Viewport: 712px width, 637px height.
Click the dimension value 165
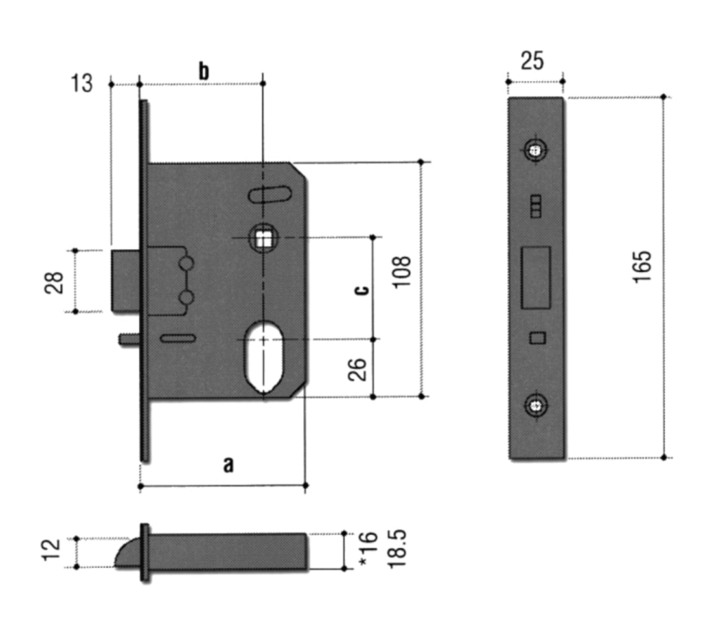click(x=641, y=266)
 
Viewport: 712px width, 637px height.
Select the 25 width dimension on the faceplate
click(x=532, y=61)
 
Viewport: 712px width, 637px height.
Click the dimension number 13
click(x=81, y=83)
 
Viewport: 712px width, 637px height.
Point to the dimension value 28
click(x=55, y=281)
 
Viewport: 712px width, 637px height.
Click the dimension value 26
click(x=358, y=369)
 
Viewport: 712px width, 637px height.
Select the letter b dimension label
click(x=203, y=71)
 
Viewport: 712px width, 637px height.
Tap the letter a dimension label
click(x=228, y=464)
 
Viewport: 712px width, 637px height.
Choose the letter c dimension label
click(x=361, y=289)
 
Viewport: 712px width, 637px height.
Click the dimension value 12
click(x=53, y=550)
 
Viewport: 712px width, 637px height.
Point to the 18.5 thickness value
click(x=397, y=549)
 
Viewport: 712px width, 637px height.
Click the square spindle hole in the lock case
click(x=263, y=238)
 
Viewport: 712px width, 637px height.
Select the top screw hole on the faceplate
click(x=535, y=150)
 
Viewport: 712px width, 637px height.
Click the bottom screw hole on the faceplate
click(x=535, y=405)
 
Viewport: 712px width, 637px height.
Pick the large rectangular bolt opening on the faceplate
click(x=536, y=277)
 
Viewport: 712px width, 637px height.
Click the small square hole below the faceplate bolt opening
click(x=537, y=337)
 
